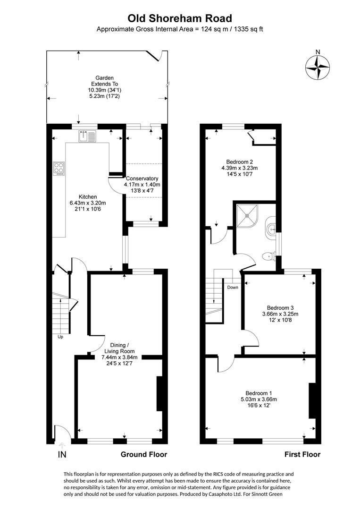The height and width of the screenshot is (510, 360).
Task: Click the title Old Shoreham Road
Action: click(180, 18)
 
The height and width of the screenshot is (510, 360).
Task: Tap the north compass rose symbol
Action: click(317, 67)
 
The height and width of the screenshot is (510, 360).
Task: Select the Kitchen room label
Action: click(88, 196)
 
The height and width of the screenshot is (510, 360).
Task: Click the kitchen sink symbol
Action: click(87, 136)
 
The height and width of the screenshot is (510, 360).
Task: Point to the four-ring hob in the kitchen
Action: click(60, 169)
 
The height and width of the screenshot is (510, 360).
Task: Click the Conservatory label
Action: click(142, 178)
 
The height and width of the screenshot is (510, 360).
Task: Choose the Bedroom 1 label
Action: click(258, 393)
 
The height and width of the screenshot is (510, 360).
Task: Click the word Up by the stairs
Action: click(60, 337)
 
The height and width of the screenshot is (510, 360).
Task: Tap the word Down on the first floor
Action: click(233, 287)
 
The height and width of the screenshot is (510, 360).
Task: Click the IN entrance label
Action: click(62, 455)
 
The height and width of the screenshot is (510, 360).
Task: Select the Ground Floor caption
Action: click(144, 454)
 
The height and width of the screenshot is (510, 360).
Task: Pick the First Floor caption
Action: click(302, 454)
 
